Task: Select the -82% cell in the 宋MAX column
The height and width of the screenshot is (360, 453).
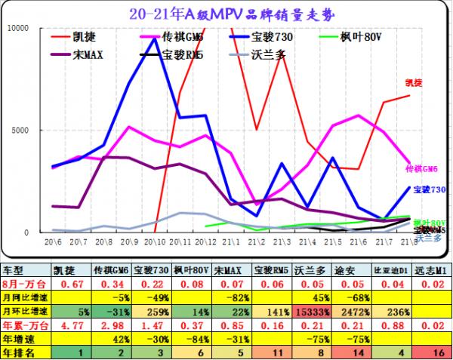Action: tap(230, 297)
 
